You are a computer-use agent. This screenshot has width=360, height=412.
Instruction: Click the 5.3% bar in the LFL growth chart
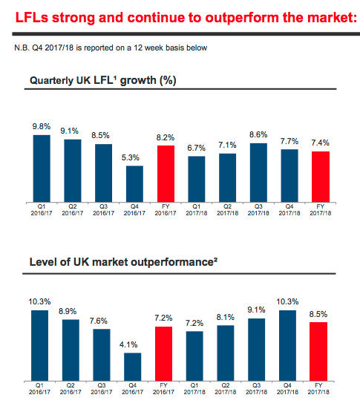click(134, 184)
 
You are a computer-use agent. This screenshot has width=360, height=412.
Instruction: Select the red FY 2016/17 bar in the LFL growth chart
click(166, 174)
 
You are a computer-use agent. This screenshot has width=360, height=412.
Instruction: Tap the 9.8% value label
click(42, 126)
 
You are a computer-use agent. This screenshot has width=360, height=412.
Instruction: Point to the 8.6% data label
click(258, 135)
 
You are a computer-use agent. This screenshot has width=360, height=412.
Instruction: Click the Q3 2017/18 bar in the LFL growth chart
click(258, 173)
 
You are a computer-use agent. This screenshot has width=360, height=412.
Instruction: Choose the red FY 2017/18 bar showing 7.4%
click(321, 177)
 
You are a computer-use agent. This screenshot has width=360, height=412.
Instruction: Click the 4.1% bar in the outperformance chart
click(132, 367)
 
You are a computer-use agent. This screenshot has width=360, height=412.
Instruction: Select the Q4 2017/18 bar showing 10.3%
click(287, 345)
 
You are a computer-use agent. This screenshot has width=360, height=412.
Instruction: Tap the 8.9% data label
click(68, 311)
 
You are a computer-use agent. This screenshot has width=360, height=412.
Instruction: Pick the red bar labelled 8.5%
click(318, 352)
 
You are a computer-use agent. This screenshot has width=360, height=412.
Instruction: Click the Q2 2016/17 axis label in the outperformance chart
click(71, 388)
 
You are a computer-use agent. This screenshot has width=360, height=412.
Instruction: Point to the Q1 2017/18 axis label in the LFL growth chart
click(197, 209)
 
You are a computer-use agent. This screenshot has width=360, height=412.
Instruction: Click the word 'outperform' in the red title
click(242, 18)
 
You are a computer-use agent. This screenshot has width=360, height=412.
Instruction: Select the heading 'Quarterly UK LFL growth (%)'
click(102, 80)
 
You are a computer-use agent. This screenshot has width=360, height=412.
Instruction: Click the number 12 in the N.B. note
click(138, 48)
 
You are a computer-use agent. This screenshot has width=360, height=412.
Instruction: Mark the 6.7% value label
click(196, 148)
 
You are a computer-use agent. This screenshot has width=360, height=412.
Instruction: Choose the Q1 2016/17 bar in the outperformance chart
click(39, 345)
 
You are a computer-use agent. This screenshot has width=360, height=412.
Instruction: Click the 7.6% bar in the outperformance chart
click(102, 355)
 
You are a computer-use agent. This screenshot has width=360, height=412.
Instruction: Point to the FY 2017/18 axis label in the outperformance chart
click(318, 388)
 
